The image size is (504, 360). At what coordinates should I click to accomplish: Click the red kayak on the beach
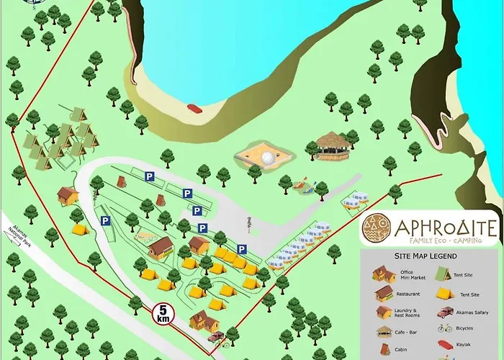coord(194,108)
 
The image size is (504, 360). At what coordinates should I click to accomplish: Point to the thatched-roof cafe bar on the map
coord(332,146)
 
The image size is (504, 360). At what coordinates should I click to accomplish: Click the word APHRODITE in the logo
coord(446,228)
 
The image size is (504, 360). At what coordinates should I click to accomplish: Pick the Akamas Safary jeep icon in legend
coord(445,313)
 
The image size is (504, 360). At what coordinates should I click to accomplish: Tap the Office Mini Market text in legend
coord(407,275)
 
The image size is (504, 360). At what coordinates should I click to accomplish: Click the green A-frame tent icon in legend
coord(445,274)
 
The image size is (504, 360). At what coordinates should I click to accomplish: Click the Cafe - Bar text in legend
coord(407,332)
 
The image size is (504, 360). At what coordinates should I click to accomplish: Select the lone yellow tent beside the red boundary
coord(79,230)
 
